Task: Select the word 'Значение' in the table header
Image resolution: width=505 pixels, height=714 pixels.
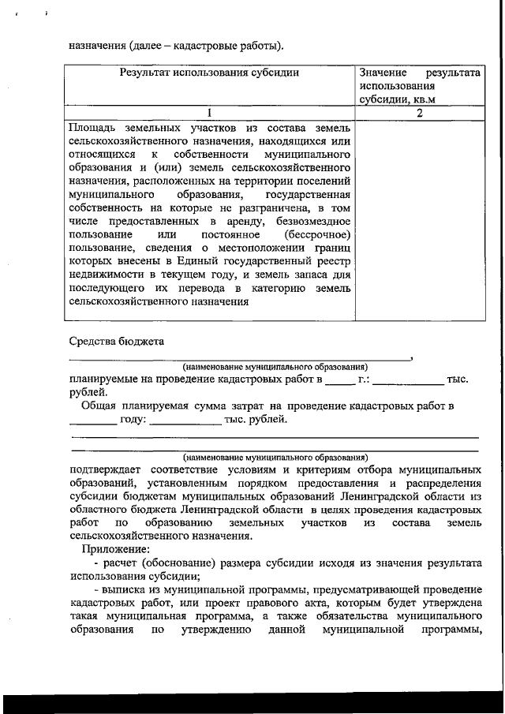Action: (383, 72)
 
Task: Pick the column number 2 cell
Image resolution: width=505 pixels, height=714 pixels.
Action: (420, 113)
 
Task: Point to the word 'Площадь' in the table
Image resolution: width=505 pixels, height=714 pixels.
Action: (93, 127)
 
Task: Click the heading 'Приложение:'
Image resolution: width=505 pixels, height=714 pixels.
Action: (114, 550)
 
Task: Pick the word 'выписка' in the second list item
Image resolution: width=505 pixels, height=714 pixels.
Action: (125, 590)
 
